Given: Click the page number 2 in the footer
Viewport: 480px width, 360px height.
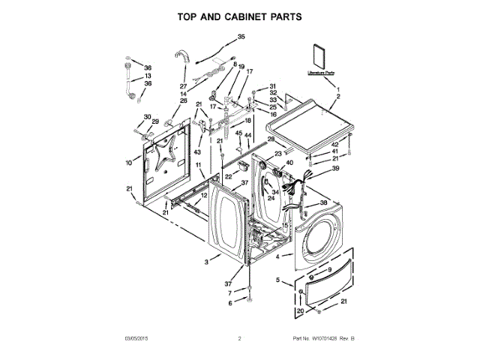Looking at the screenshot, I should click(240, 340).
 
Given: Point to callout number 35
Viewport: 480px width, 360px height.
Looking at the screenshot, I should click(241, 37).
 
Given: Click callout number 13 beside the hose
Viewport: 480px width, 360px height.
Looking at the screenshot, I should click(148, 76).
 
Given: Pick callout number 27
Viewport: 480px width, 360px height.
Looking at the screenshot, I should click(183, 86).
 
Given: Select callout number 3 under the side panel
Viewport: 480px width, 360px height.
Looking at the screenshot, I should click(205, 262).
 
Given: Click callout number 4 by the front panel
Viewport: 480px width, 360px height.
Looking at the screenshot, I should click(279, 257).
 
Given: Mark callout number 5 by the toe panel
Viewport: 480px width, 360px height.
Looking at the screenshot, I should click(278, 280).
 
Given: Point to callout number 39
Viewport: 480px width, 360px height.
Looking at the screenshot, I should click(336, 169).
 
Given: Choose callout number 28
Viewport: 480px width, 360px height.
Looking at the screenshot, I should click(271, 139).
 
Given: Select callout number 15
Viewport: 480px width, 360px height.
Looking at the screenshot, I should click(284, 224).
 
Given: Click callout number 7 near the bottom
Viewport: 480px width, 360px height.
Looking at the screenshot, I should click(231, 293).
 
